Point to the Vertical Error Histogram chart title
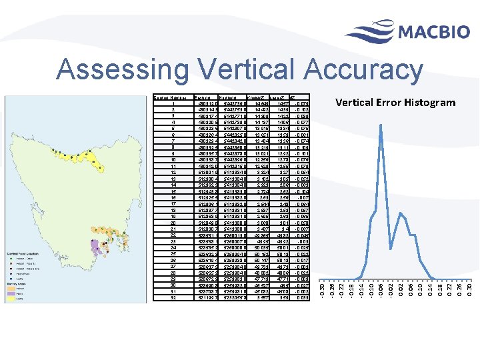(x=395, y=102)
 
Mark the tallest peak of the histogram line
(x=380, y=125)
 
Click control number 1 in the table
(x=173, y=104)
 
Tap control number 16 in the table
(x=173, y=197)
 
